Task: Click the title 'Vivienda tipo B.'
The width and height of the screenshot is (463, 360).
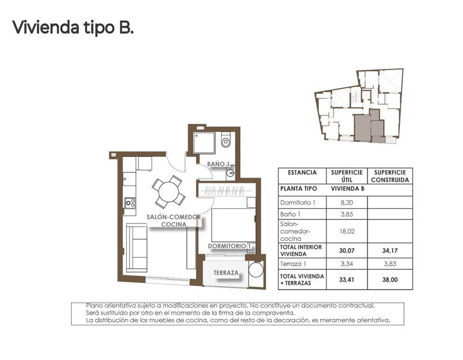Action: point(73,27)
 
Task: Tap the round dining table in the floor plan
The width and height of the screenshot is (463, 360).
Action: point(168,192)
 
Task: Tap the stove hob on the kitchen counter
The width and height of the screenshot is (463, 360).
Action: point(130,203)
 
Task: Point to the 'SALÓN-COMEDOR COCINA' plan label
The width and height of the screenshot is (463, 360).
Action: point(174,221)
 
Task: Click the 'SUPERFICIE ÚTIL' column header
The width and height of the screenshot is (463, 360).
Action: point(347,176)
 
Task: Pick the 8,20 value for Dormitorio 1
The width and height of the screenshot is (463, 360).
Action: point(347,203)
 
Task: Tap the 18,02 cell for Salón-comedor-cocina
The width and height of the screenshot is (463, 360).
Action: point(347,230)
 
